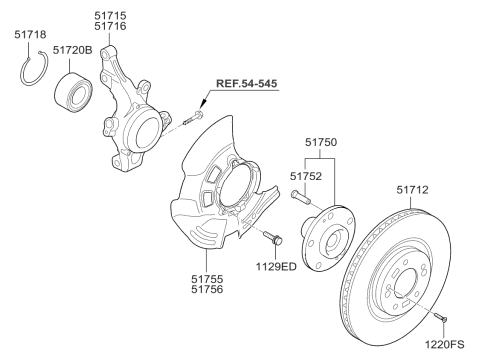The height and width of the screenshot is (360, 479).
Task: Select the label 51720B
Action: [74, 49]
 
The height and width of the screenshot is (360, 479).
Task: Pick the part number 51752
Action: [306, 175]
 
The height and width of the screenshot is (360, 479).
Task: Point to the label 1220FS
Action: [444, 347]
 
